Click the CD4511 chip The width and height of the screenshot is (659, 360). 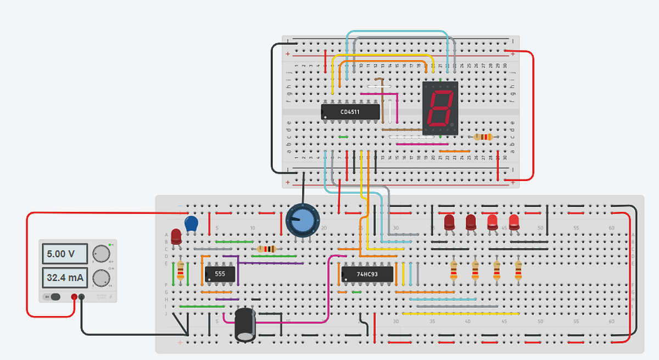point(350,112)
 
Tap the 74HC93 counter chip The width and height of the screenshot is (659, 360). point(367,274)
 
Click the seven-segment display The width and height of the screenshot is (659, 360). point(440,108)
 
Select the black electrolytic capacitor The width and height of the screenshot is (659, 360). point(245,324)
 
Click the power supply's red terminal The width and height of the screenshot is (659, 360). point(74,297)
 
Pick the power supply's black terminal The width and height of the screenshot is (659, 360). point(82,297)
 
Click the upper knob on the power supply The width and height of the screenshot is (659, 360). point(101,254)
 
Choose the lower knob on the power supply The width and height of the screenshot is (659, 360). point(101,278)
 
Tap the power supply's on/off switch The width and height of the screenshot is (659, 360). point(53,297)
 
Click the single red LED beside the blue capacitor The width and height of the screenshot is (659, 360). point(176,236)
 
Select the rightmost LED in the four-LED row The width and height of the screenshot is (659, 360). point(514,222)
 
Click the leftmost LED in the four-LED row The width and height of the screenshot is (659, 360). point(450,222)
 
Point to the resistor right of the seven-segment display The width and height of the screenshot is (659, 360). point(483,137)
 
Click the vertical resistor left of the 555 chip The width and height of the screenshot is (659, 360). point(180,271)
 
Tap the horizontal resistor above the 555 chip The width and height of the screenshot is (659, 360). point(266,249)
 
